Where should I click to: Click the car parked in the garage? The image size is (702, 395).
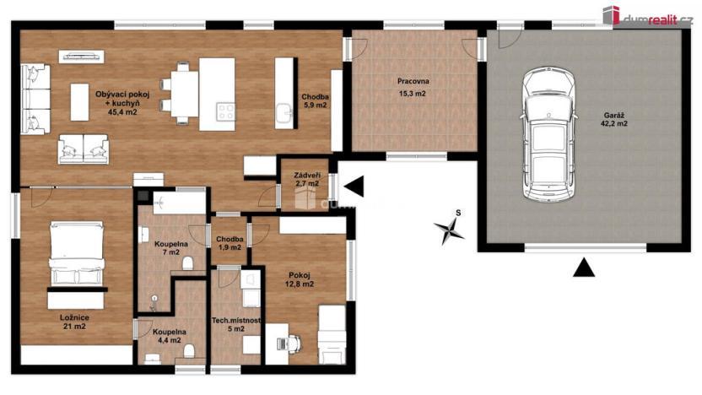[548, 134]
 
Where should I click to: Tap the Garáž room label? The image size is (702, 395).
[613, 119]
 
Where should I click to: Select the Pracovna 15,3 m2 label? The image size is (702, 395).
[413, 87]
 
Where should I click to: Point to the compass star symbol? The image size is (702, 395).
[449, 229]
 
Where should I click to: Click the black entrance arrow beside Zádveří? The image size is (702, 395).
[354, 187]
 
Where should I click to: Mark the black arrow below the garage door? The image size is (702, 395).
[584, 268]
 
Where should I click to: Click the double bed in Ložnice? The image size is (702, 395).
[77, 253]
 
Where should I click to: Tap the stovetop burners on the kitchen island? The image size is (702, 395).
[225, 111]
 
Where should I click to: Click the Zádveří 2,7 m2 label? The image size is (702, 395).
[306, 179]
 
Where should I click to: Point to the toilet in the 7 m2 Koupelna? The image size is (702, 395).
[188, 262]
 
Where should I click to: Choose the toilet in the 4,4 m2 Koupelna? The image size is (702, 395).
[189, 350]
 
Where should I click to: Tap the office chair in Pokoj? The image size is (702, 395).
[294, 344]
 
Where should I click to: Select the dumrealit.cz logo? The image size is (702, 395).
[647, 16]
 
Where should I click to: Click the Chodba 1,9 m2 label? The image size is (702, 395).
[229, 243]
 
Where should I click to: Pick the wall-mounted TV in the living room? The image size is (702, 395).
[82, 57]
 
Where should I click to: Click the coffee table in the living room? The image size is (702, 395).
[79, 102]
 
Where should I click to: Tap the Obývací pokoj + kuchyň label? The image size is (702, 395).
[122, 103]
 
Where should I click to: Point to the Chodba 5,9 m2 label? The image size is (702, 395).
[316, 100]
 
